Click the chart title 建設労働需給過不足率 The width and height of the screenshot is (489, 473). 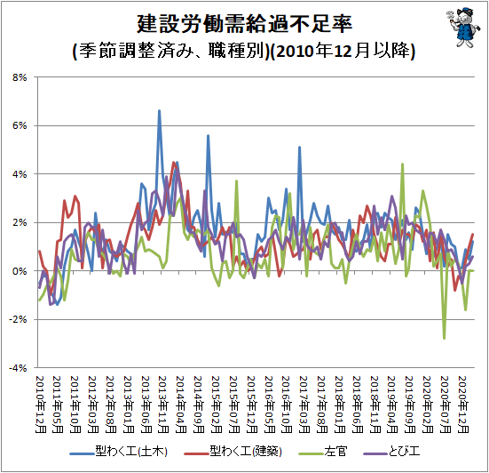pyautogui.click(x=245, y=24)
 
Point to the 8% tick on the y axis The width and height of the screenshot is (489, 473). pyautogui.click(x=20, y=77)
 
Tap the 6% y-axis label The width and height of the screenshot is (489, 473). pyautogui.click(x=20, y=126)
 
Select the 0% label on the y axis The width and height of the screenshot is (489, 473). pyautogui.click(x=20, y=271)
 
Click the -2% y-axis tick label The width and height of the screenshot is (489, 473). pyautogui.click(x=18, y=319)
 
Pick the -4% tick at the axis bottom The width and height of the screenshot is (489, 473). pyautogui.click(x=18, y=368)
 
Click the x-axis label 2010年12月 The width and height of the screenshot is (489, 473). pyautogui.click(x=41, y=405)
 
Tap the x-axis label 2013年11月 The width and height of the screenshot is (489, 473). pyautogui.click(x=163, y=405)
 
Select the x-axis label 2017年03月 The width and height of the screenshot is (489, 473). pyautogui.click(x=304, y=405)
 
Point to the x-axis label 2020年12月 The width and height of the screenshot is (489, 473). pyautogui.click(x=462, y=405)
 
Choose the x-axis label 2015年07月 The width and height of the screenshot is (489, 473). pyautogui.click(x=234, y=405)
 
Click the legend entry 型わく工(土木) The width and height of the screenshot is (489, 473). pyautogui.click(x=119, y=452)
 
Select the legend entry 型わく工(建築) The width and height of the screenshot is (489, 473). pyautogui.click(x=233, y=452)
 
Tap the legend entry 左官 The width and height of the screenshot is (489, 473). pyautogui.click(x=323, y=452)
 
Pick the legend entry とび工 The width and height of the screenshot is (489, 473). pyautogui.click(x=391, y=452)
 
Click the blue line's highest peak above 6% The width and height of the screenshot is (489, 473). pyautogui.click(x=159, y=110)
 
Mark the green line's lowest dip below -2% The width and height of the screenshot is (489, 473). pyautogui.click(x=444, y=338)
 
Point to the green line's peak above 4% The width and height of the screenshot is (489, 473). pyautogui.click(x=402, y=164)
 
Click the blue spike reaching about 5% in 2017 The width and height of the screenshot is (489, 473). pyautogui.click(x=299, y=147)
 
